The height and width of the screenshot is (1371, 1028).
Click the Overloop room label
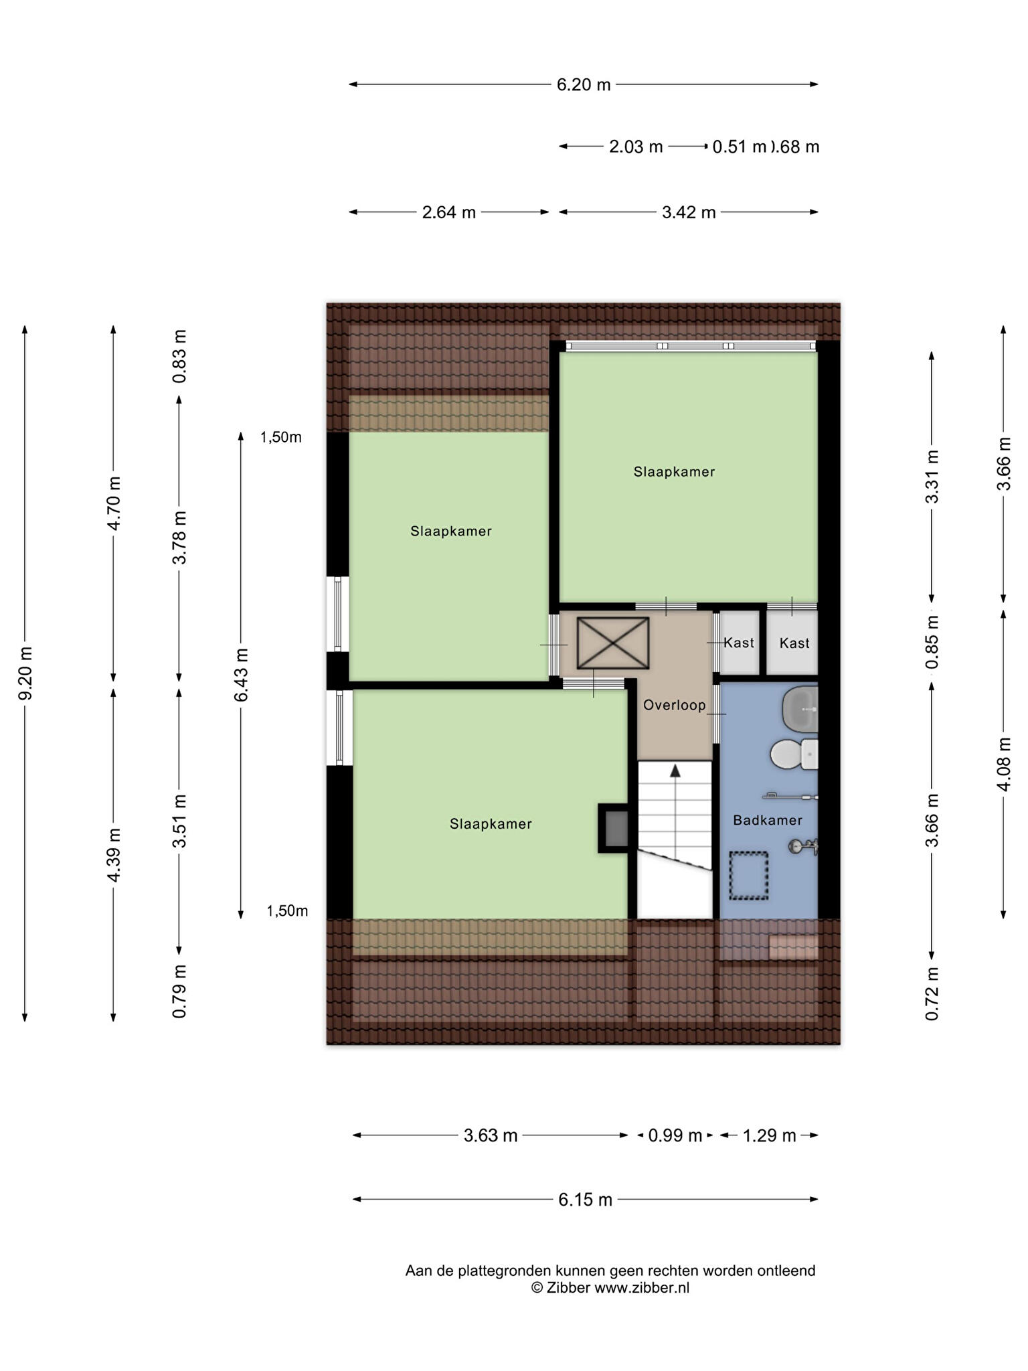pos(674,705)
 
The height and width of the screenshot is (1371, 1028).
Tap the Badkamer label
pos(767,820)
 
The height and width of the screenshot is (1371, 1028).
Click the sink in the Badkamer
pos(800,708)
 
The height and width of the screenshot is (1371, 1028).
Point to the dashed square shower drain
pos(748,876)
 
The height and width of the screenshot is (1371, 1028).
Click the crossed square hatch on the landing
pos(613,643)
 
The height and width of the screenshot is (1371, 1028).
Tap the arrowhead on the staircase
pos(675,771)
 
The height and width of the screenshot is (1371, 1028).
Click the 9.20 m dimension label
pos(25,673)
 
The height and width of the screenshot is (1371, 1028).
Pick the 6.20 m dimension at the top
pos(584,85)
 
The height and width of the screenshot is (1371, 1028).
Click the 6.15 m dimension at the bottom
pos(585,1200)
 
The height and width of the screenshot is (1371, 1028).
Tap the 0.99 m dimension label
pos(675,1135)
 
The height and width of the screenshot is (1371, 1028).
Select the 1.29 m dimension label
pos(770,1135)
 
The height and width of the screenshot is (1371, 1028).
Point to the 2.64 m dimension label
pos(448,212)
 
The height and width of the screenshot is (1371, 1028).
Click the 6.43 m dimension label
pos(241,675)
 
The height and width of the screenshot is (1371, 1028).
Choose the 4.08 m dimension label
pos(1004,764)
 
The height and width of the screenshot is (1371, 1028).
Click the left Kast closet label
pos(739,643)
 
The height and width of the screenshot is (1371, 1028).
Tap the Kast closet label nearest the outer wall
pos(794,643)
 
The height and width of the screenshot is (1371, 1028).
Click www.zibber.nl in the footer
pos(642,1287)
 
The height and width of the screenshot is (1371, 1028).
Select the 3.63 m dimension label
pos(491,1135)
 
